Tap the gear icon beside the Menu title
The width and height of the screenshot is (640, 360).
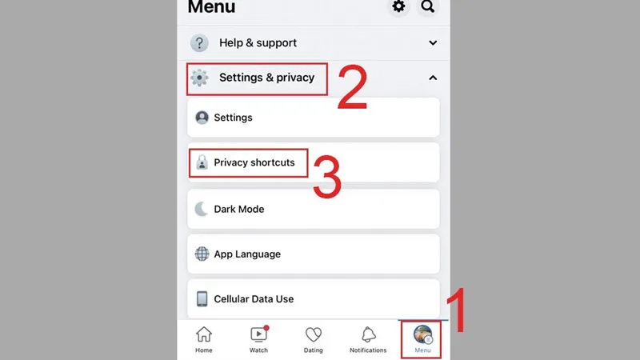pos(398,6)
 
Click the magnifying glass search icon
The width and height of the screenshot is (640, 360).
pos(427,6)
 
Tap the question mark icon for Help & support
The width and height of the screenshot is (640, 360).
pos(199,43)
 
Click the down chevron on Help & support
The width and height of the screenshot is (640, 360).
pos(433,43)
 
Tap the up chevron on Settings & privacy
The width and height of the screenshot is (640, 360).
pos(433,78)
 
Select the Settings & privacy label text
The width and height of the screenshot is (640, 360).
pos(266,78)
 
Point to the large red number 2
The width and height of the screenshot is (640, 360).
pos(352,87)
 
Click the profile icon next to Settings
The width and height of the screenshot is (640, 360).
pos(202,118)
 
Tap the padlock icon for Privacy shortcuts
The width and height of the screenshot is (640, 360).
pos(202,162)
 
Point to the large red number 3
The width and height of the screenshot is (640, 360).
pos(327,176)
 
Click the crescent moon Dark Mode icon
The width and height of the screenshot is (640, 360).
pos(202,209)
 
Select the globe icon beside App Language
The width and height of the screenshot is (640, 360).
pos(202,254)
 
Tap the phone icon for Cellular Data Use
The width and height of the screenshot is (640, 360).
pos(202,298)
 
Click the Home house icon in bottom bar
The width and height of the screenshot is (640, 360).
pos(204,334)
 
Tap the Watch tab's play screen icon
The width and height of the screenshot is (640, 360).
pos(258,334)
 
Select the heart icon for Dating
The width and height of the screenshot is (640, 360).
pos(313,334)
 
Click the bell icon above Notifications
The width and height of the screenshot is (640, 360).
pos(368,334)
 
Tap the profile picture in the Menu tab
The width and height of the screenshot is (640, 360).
pos(422,334)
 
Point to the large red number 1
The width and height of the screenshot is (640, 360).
pos(457,310)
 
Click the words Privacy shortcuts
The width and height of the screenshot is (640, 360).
pos(254,162)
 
